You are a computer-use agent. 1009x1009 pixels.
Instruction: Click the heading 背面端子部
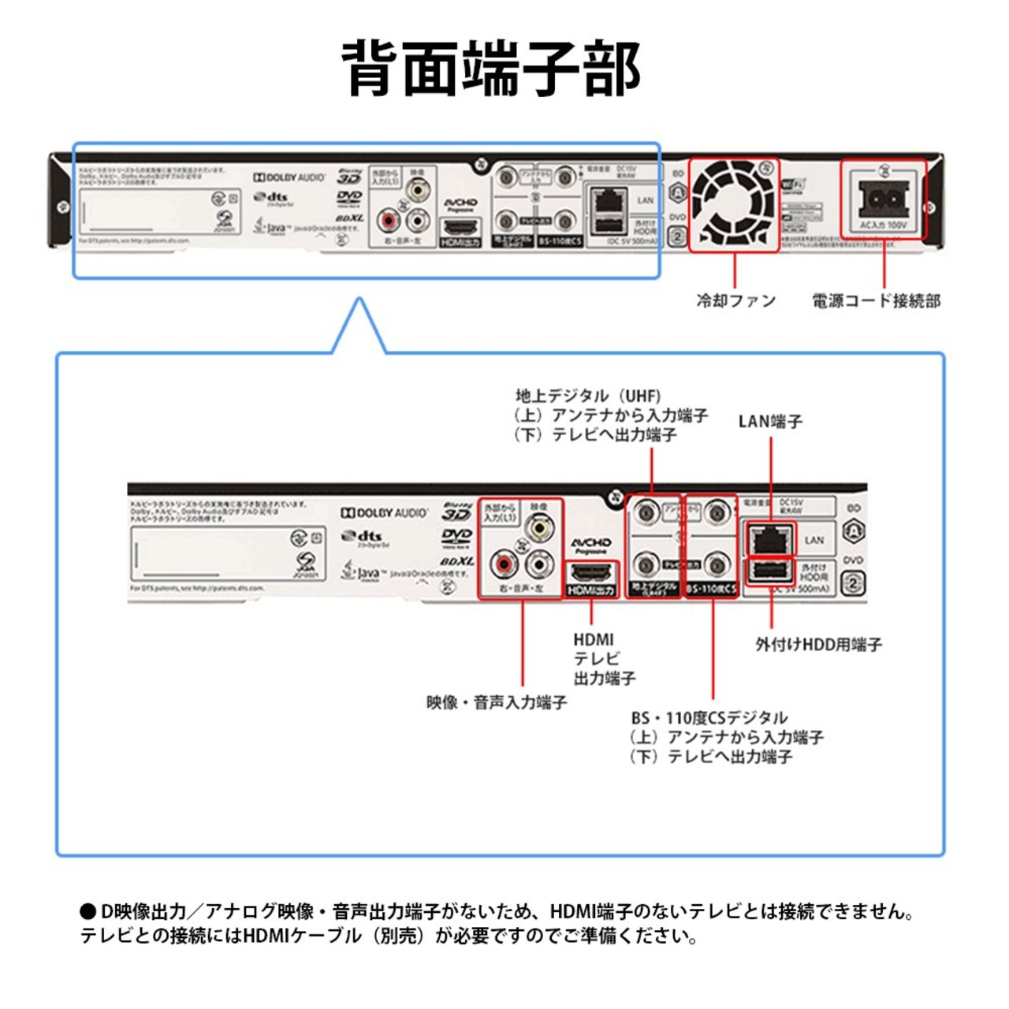tap(491, 69)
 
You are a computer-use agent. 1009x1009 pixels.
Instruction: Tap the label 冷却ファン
tap(735, 300)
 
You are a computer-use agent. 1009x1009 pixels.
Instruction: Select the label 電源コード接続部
tap(876, 300)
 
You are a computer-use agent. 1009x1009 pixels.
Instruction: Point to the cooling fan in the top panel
tap(734, 204)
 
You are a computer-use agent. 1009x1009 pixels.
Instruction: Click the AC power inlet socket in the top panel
tap(884, 198)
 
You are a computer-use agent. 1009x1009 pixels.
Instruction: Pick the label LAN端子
tap(770, 422)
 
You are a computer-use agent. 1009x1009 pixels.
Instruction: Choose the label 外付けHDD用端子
tap(818, 644)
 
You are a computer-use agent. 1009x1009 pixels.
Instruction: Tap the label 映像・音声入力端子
tap(497, 702)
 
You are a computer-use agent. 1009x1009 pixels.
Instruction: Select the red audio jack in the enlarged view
tap(503, 564)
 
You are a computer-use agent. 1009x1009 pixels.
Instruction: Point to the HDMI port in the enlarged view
tap(591, 571)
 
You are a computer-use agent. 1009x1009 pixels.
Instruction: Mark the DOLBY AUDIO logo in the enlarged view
tap(385, 513)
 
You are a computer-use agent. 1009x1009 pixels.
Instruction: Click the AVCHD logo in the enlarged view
tap(591, 544)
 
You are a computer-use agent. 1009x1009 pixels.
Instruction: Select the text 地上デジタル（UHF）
tap(588, 396)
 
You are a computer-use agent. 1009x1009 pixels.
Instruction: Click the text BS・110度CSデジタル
tap(709, 718)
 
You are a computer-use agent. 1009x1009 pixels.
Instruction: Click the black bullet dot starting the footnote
tap(87, 912)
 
